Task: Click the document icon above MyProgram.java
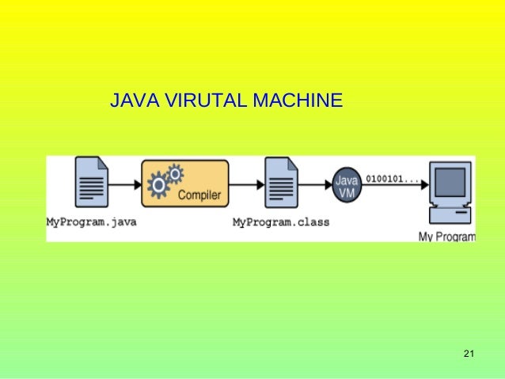[x=91, y=183]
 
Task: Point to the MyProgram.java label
[x=91, y=222]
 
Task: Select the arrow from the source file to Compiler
[x=124, y=184]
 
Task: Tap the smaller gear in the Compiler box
[x=176, y=171]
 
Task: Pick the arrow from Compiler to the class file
[x=246, y=184]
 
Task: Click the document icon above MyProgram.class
[x=280, y=183]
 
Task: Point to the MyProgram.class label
[x=280, y=222]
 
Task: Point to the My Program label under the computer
[x=446, y=237]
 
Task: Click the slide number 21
[x=467, y=353]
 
